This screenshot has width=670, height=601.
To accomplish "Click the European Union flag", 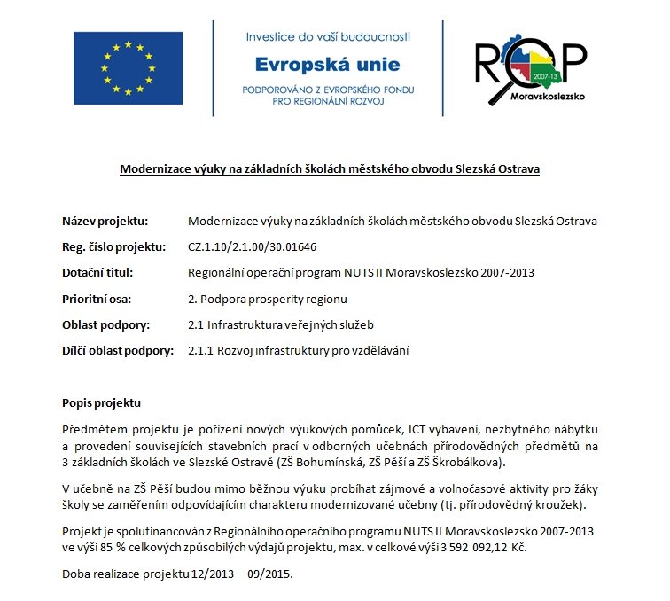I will click(129, 67).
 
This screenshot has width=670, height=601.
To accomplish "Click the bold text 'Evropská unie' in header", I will click(327, 65).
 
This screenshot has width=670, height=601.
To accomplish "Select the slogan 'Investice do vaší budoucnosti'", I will click(328, 37).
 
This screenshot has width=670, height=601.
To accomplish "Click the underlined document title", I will click(330, 168).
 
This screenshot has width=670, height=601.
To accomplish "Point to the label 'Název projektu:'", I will click(105, 221).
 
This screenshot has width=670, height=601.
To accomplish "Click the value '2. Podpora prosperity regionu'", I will click(268, 299).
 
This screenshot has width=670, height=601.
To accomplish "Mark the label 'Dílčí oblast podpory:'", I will click(118, 351).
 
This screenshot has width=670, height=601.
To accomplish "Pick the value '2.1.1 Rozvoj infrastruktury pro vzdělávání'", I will click(299, 351).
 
